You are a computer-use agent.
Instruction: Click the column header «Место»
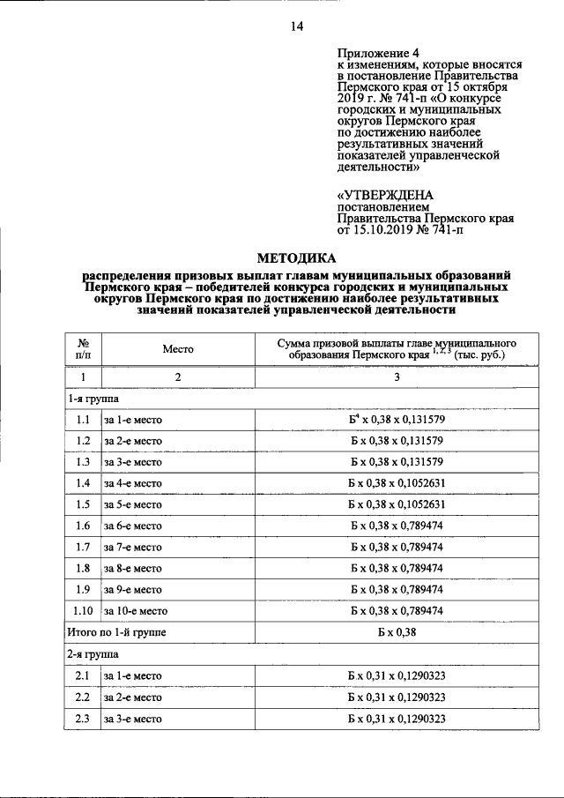[177, 349]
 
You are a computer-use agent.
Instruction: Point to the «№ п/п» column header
[83, 349]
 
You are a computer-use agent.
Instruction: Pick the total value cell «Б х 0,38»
[396, 633]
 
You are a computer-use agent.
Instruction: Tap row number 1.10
[84, 611]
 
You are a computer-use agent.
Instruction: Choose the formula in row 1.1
[396, 420]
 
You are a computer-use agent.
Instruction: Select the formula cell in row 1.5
[396, 504]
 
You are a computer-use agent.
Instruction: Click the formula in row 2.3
[396, 719]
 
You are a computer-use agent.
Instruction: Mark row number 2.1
[84, 676]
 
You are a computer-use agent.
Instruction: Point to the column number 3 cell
[396, 377]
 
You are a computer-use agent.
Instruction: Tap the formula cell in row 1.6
[396, 526]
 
